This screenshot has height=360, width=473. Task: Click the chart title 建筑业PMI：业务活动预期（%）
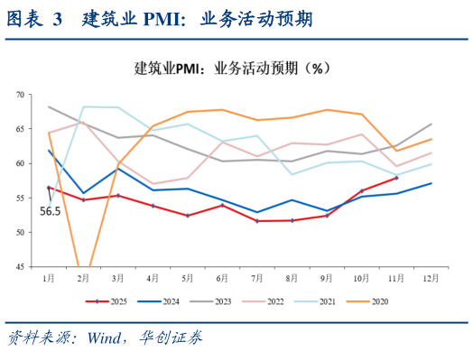coord(236,69)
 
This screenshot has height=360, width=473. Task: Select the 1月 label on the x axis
coord(49,278)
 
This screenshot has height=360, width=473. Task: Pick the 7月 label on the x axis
coord(257,278)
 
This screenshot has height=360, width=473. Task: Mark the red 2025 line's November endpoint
coord(395,178)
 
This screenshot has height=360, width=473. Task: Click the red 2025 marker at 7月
coord(257,221)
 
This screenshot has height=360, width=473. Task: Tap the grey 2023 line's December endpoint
coord(431,124)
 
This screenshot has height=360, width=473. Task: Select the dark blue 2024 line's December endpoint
coord(431,183)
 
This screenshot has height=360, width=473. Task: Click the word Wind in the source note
coord(109,339)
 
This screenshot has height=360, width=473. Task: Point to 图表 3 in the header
coord(37,19)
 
